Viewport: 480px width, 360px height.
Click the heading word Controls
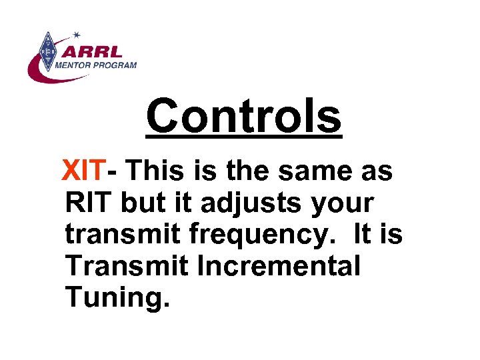pyautogui.click(x=243, y=116)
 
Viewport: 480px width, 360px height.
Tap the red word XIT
pyautogui.click(x=83, y=171)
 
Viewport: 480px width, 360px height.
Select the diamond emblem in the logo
pyautogui.click(x=47, y=51)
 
